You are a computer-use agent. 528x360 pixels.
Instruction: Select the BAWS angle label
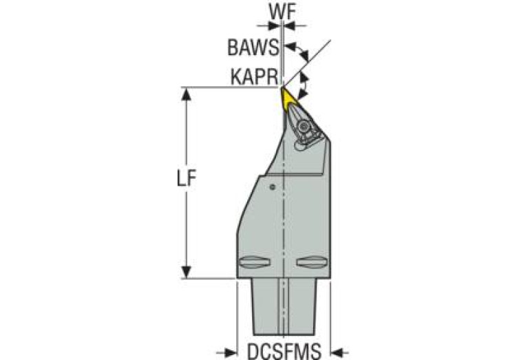pos(253,48)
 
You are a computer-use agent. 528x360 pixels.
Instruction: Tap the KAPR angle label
pos(253,78)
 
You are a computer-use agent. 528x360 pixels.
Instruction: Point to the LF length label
pos(184,180)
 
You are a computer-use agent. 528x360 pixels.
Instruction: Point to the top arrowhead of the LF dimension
pos(184,92)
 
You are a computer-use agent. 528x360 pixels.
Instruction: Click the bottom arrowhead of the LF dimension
pos(184,273)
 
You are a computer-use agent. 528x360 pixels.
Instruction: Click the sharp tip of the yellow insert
pos(282,88)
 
